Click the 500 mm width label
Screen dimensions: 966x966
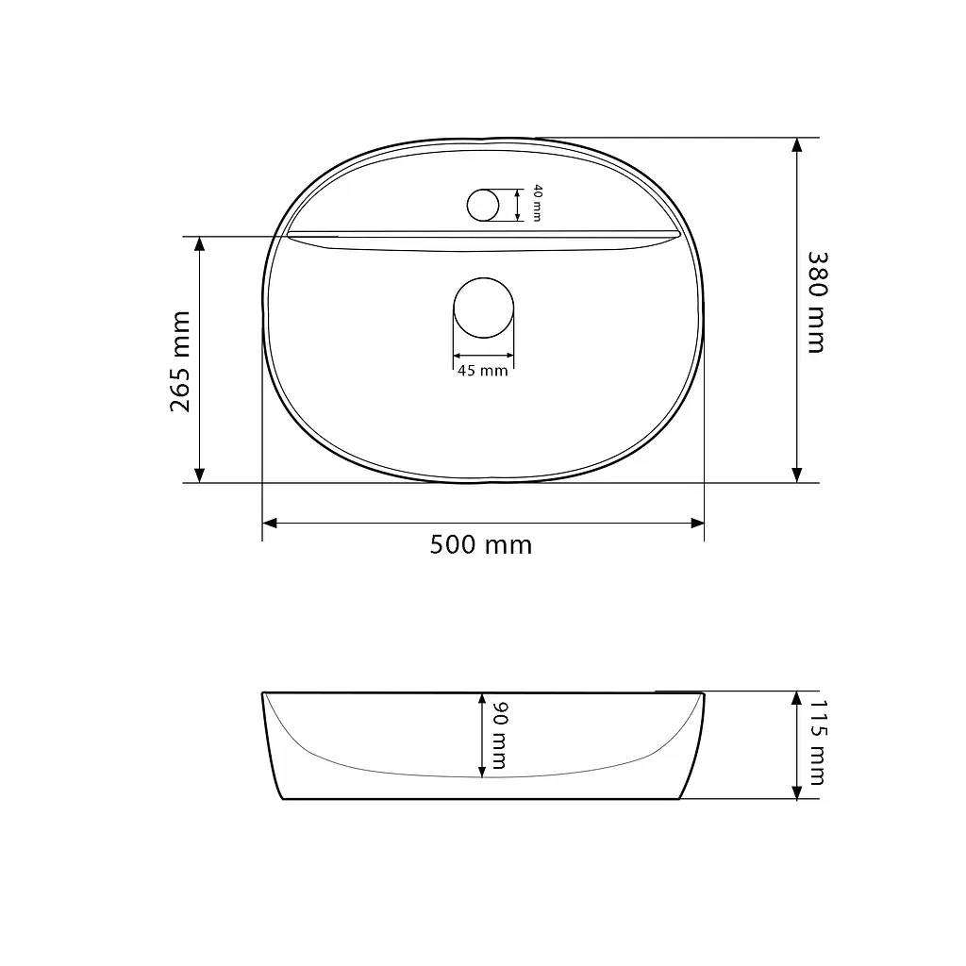tap(480, 545)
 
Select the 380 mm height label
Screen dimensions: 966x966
tap(818, 302)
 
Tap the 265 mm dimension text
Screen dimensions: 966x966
tap(180, 361)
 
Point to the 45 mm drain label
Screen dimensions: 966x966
tap(483, 371)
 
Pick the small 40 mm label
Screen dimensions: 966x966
tap(537, 203)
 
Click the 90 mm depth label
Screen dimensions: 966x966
tap(499, 736)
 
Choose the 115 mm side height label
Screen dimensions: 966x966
tap(818, 742)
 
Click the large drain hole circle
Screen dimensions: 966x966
tap(484, 278)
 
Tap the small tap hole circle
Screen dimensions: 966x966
tap(483, 189)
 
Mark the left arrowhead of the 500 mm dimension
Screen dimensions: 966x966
tap(269, 523)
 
